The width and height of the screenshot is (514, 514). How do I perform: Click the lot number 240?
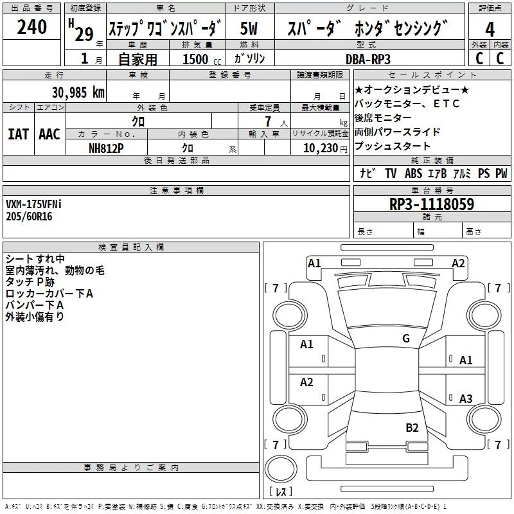point(32,27)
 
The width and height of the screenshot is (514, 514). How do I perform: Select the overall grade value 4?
point(490,29)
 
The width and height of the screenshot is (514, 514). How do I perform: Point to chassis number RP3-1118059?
point(432,204)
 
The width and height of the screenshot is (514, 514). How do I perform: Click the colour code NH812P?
point(107,148)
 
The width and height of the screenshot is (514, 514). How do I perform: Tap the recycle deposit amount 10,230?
point(319,148)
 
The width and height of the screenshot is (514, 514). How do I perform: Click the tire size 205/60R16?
point(29,217)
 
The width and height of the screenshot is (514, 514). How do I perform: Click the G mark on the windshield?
point(405,339)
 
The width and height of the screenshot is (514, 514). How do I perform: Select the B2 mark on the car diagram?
point(412,427)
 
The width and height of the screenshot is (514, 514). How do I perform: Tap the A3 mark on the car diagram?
point(466,399)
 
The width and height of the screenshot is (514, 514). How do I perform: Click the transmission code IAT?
point(18,134)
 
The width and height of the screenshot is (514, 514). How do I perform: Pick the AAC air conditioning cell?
point(49,134)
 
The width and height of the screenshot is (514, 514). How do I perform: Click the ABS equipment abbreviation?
point(413,173)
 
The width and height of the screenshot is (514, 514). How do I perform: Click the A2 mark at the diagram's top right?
point(458,263)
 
